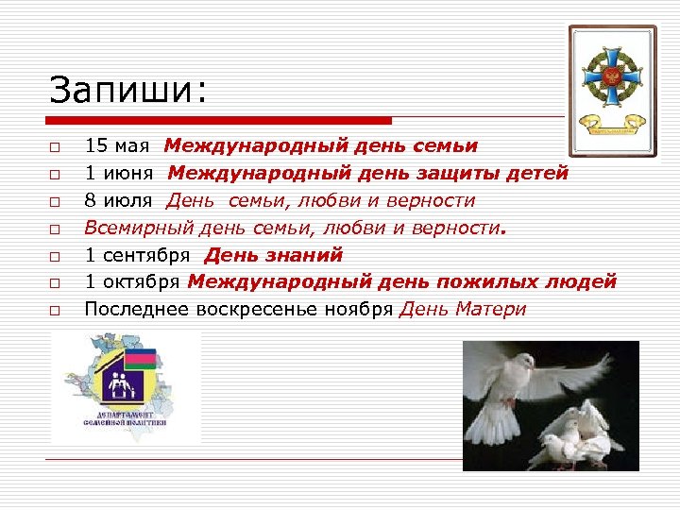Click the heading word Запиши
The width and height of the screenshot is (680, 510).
coord(127,91)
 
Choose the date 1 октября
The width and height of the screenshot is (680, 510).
coord(133,281)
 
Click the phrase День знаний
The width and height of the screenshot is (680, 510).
coord(274,255)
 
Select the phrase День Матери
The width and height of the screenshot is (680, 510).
coord(463,309)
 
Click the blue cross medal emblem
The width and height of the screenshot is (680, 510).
coord(611,78)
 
